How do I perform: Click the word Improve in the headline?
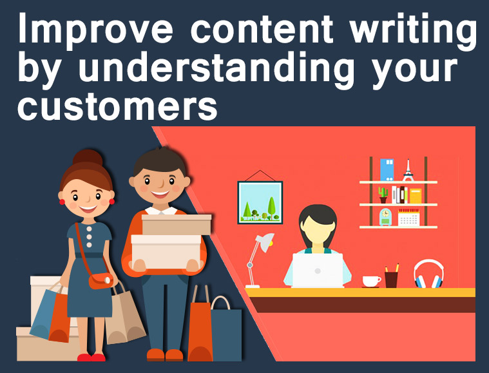tap(96, 30)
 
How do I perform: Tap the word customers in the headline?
tap(117, 106)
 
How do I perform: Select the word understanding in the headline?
tap(216, 69)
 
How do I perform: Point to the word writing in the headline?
tap(413, 31)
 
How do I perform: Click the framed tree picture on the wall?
tap(260, 202)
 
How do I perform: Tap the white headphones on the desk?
tap(429, 274)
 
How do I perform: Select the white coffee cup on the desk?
tap(372, 282)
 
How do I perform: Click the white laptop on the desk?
tap(318, 270)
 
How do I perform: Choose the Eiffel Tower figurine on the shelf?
tap(408, 170)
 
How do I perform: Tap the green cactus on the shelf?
tap(383, 195)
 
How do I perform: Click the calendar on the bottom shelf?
tap(408, 217)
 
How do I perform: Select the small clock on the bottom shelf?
tap(385, 216)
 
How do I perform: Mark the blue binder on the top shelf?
tap(387, 169)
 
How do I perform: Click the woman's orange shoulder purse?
tap(101, 281)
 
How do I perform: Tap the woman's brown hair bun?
tap(88, 158)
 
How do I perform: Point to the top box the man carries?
tap(177, 225)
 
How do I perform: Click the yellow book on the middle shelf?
tap(416, 196)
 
